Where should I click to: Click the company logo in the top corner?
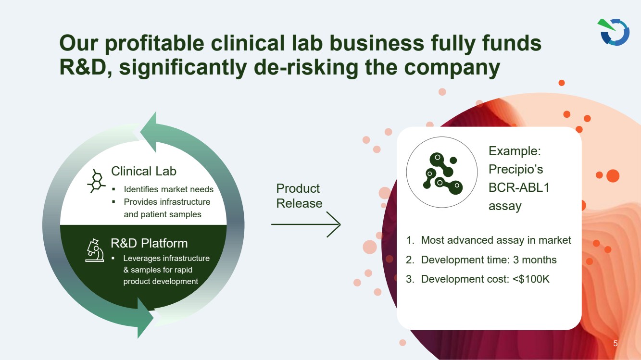pos(614,32)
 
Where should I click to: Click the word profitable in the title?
pos(154,43)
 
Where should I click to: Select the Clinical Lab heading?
pos(143,171)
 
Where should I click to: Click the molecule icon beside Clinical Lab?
pos(96,181)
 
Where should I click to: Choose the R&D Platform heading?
pos(149,243)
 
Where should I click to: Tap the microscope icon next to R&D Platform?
pos(95,250)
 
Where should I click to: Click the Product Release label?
pos(299,196)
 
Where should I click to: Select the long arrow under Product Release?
pos(306,224)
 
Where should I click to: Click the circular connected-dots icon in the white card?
pos(442,172)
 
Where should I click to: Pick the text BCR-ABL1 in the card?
pos(519,187)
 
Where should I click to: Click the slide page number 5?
pos(615,343)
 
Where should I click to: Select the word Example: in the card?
pos(515,151)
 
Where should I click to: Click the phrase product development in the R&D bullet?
pos(161,281)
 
